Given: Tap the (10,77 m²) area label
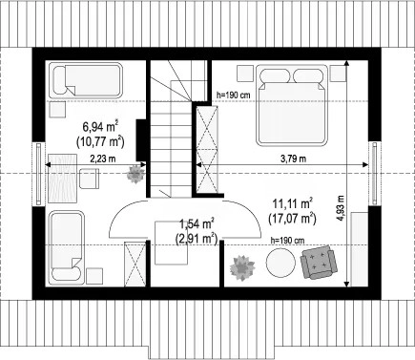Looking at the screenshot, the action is tap(100, 141).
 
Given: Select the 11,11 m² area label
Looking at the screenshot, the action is tap(292, 204).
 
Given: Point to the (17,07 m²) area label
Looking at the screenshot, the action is tap(292, 219).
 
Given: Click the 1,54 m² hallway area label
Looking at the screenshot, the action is tap(197, 223).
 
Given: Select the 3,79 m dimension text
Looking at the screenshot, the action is tap(293, 159).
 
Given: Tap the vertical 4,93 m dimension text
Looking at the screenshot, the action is tap(341, 207).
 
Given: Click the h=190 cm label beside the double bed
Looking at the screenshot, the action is tap(233, 95).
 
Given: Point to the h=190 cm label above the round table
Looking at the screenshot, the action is tap(287, 241).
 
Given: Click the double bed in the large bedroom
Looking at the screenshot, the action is tap(292, 105).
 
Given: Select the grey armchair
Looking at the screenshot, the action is tap(319, 262).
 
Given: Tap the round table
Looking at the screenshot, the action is tap(280, 263).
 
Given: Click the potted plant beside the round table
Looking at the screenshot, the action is tap(242, 267).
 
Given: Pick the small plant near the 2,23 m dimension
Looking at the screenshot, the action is tap(135, 174).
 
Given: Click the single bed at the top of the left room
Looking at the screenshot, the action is tap(86, 80).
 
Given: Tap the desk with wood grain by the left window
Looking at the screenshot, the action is tap(63, 179).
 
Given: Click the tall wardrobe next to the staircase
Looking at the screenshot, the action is tap(207, 150).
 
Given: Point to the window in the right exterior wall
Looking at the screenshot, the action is tap(375, 174).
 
